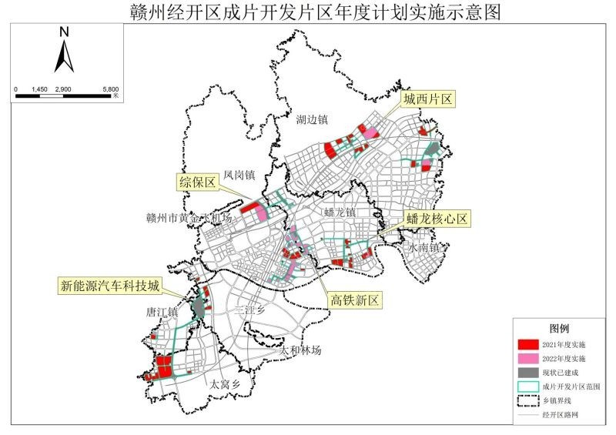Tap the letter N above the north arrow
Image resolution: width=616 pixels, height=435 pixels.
coord(65,32)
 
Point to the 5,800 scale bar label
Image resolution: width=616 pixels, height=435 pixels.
coord(109,90)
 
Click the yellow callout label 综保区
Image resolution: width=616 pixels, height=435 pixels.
coord(196,181)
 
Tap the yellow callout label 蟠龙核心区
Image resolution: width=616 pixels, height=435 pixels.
coord(437,219)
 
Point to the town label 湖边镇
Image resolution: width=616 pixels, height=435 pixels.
coord(313,119)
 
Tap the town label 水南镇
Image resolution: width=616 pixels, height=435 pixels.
coord(424,248)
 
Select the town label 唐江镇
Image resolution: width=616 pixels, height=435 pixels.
coord(162,313)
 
